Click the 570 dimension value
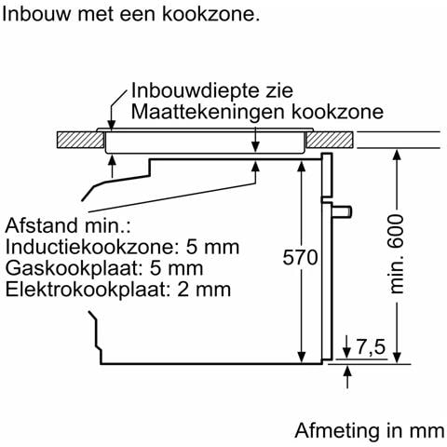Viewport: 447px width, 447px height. point(300,257)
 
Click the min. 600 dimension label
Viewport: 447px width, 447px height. point(397,254)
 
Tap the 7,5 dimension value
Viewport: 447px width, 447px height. point(371,346)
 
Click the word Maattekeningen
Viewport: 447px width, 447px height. point(208,112)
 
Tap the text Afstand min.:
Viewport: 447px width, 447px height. point(68,225)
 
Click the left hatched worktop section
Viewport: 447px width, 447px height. point(80,140)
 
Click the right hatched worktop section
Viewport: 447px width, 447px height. point(330,140)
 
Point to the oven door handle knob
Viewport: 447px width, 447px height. point(342,211)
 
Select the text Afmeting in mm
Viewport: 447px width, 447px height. point(370,430)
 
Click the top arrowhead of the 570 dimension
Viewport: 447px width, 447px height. point(302,167)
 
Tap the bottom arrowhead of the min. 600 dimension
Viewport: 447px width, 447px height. point(397,358)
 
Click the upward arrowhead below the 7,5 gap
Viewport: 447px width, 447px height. point(347,372)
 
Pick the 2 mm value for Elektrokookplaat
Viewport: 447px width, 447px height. point(204,290)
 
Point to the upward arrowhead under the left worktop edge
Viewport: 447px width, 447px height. point(113,161)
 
